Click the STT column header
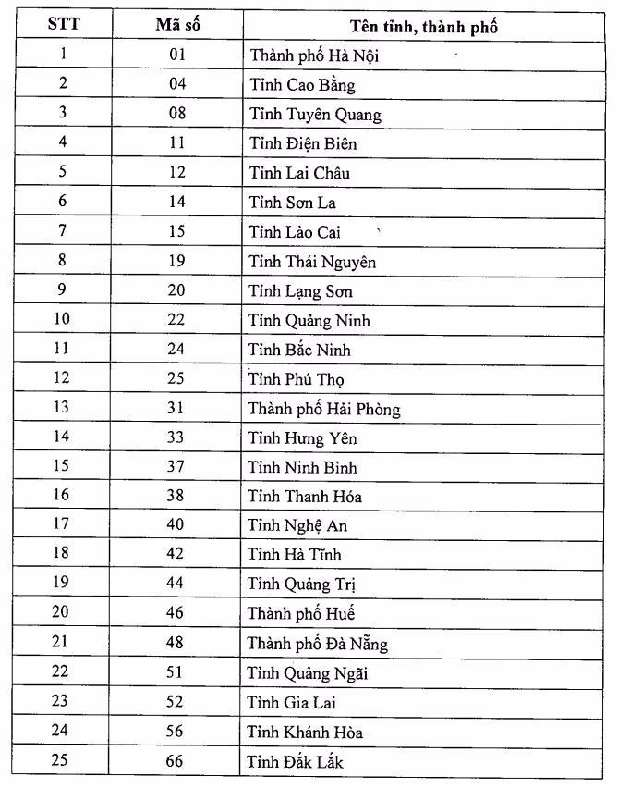pyautogui.click(x=63, y=24)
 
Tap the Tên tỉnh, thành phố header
pyautogui.click(x=425, y=26)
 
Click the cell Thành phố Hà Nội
pyautogui.click(x=314, y=55)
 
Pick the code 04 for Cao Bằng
pyautogui.click(x=176, y=84)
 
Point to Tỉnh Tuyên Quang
pyautogui.click(x=314, y=115)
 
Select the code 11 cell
pyautogui.click(x=176, y=143)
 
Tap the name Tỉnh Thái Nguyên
pyautogui.click(x=312, y=262)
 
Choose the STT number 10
pyautogui.click(x=63, y=319)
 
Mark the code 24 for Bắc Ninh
pyautogui.click(x=176, y=349)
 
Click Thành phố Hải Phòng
pyautogui.click(x=323, y=409)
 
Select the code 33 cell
pyautogui.click(x=176, y=437)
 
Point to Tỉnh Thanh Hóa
pyautogui.click(x=305, y=497)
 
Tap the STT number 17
pyautogui.click(x=63, y=524)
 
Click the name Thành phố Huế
pyautogui.click(x=301, y=613)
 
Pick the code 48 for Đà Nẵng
pyautogui.click(x=176, y=642)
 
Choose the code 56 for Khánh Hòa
pyautogui.click(x=176, y=731)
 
